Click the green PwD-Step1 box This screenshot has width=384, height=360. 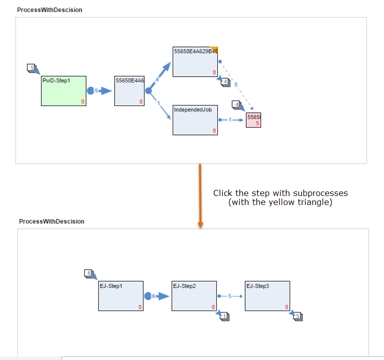(63, 91)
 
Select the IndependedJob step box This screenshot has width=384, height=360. (195, 120)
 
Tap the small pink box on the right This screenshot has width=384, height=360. (253, 120)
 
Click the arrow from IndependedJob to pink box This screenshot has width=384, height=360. (231, 120)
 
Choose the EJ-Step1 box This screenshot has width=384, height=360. (121, 296)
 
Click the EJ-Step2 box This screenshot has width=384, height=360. (194, 296)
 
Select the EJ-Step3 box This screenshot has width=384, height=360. (267, 296)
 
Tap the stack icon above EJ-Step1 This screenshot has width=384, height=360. (89, 273)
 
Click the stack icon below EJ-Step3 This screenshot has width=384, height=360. (298, 316)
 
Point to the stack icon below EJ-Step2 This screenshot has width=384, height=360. (224, 316)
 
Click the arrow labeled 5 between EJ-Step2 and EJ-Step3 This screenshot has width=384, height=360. (230, 296)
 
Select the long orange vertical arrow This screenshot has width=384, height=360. (200, 195)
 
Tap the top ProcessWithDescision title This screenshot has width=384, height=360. (49, 10)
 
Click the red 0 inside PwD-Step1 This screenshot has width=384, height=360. (83, 102)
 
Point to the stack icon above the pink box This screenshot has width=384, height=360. (237, 104)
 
